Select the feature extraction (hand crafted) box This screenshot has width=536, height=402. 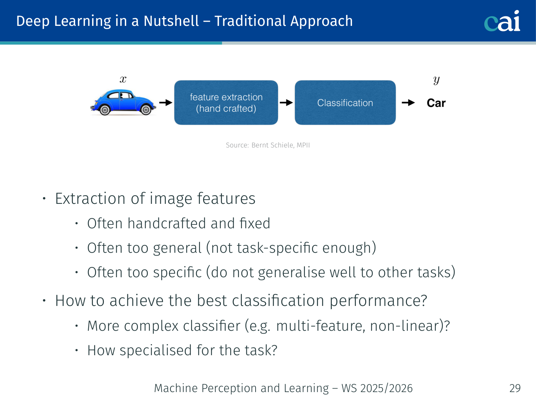pos(226,102)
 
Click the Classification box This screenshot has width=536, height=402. pos(345,102)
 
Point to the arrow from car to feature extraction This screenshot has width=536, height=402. pos(166,102)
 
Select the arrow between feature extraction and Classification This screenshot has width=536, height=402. pos(286,102)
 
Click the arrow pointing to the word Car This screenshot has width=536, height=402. pos(408,102)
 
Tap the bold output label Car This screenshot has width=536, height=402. pos(436,103)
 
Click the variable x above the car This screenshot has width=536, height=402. pos(123,79)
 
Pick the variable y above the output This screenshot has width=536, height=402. pos(436,80)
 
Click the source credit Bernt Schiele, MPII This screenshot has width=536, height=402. pos(280,145)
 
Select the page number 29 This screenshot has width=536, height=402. pos(515,388)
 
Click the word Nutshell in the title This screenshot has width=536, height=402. pos(171,21)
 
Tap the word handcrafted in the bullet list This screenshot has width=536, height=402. pos(167,223)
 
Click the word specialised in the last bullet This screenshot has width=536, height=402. pos(156,351)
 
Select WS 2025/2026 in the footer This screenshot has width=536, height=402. pos(377,388)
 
